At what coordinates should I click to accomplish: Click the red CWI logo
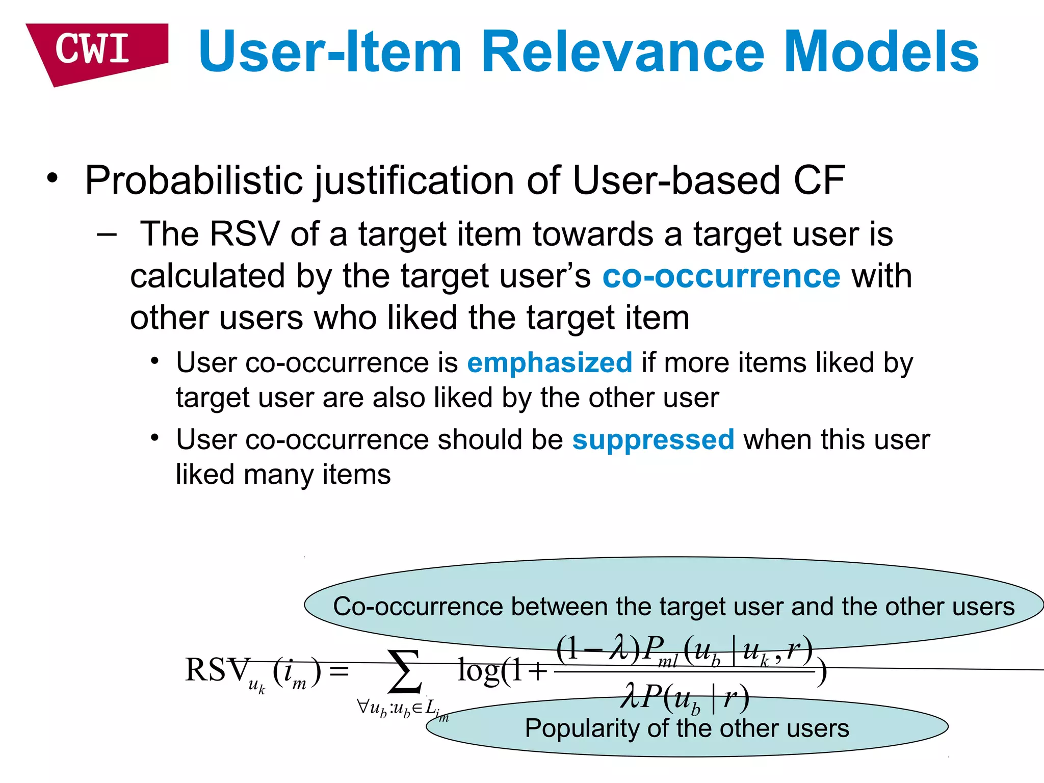[x=94, y=51]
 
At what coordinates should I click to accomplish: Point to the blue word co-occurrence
[x=721, y=276]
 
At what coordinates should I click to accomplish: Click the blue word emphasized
[x=549, y=363]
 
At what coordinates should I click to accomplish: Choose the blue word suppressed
[x=652, y=439]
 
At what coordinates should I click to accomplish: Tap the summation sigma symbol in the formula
[x=405, y=672]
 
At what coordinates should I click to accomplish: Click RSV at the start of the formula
[x=217, y=670]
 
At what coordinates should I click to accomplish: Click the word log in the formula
[x=478, y=670]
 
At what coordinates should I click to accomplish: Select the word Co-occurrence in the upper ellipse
[x=418, y=607]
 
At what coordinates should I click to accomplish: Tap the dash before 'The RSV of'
[x=106, y=234]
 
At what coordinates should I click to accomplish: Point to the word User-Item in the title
[x=330, y=52]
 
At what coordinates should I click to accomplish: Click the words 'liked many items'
[x=283, y=475]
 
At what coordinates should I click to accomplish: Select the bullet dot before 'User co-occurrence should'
[x=155, y=438]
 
